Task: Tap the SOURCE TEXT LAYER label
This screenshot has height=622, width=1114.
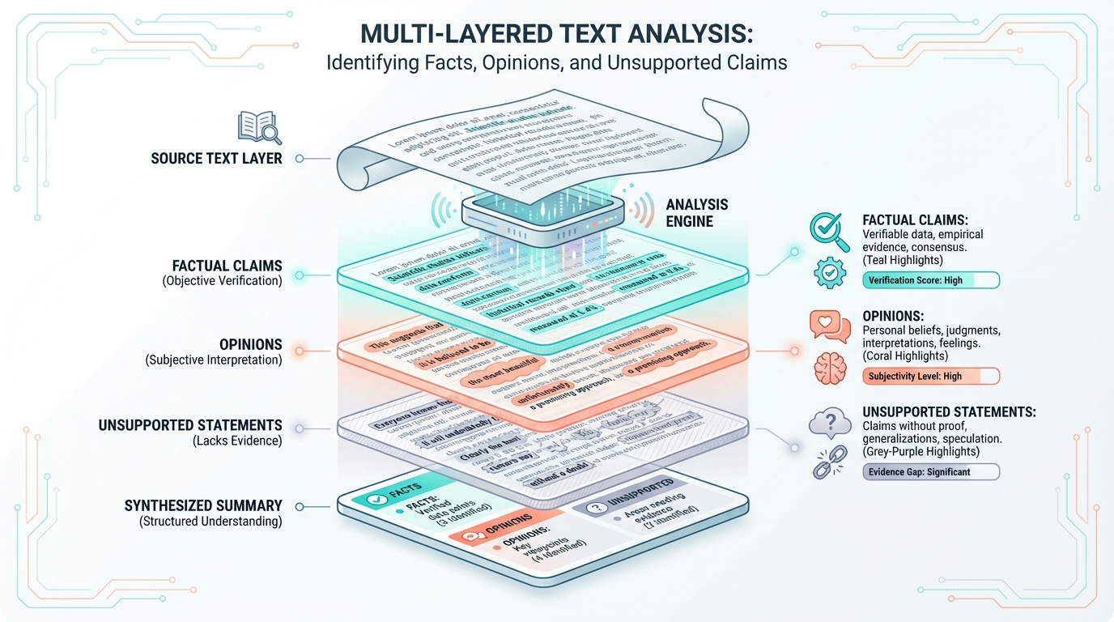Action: tap(216, 159)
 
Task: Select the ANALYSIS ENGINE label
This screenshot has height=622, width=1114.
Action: tap(697, 213)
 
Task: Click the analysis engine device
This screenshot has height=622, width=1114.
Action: tap(543, 213)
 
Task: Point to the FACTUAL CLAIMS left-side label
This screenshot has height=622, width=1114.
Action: tap(227, 266)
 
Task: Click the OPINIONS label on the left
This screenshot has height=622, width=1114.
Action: tap(250, 344)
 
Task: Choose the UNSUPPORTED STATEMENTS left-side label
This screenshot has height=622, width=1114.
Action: tap(190, 425)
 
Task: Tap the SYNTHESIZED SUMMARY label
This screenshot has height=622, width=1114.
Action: tap(203, 506)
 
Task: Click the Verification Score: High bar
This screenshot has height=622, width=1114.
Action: tap(930, 281)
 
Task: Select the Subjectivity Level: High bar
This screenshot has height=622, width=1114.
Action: tap(930, 377)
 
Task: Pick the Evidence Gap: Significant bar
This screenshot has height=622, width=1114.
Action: tap(930, 472)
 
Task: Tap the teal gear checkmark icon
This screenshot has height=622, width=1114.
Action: tap(829, 274)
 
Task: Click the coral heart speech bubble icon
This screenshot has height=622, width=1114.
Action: tap(829, 325)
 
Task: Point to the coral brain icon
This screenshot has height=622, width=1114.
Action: tap(829, 368)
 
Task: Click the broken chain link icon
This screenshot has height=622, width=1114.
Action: tap(829, 467)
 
